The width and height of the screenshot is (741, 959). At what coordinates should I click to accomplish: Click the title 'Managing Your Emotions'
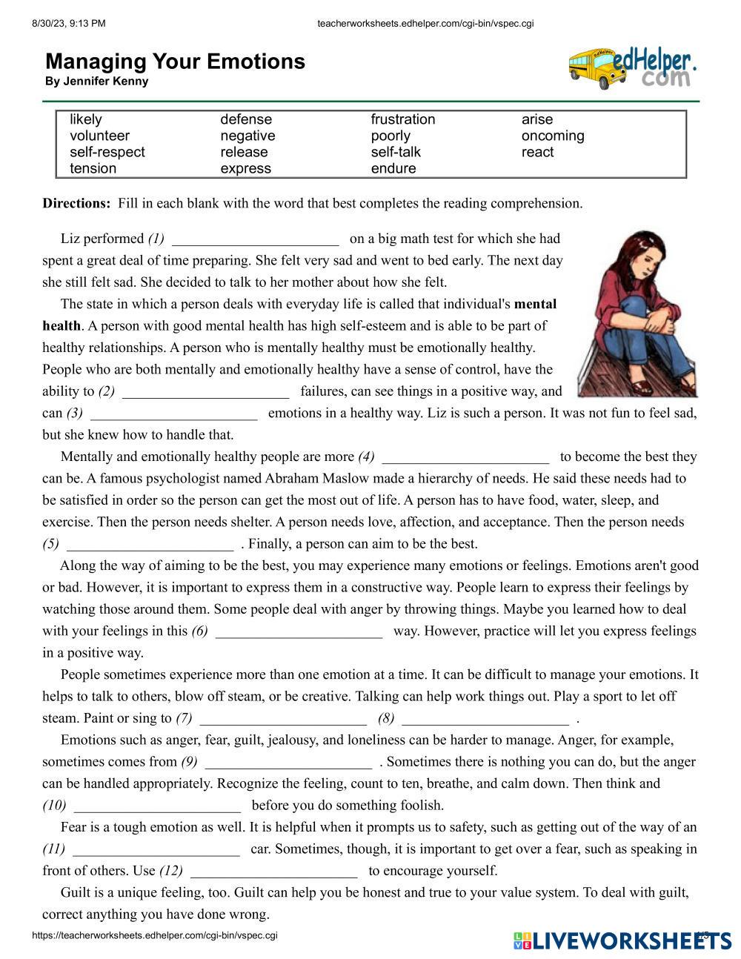click(x=175, y=62)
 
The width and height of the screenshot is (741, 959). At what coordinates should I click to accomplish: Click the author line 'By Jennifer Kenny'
click(x=96, y=82)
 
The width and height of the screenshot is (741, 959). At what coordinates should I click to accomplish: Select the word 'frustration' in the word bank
click(x=403, y=119)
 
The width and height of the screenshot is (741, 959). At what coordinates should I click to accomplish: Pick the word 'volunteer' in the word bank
click(x=99, y=136)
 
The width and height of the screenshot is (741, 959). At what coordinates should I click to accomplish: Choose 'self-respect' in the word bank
click(x=107, y=152)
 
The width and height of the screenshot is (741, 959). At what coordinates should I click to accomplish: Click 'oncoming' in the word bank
click(x=553, y=136)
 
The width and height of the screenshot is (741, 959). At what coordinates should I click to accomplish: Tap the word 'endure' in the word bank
click(x=393, y=168)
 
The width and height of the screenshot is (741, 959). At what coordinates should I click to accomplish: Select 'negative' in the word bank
click(x=247, y=136)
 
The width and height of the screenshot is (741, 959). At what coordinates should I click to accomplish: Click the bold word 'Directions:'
click(x=76, y=203)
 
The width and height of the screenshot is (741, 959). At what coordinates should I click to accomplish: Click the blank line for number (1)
click(x=255, y=240)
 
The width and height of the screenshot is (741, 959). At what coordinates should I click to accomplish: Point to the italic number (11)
click(x=53, y=849)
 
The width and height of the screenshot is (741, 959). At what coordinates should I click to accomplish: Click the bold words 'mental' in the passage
click(x=535, y=304)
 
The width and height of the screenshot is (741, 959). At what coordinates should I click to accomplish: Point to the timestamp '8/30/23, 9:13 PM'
click(x=69, y=23)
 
